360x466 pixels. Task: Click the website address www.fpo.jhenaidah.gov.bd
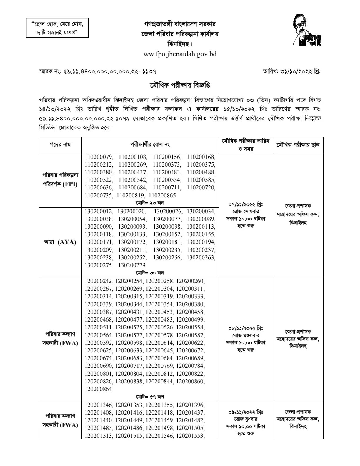[180, 54]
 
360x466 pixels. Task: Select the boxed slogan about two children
[57, 28]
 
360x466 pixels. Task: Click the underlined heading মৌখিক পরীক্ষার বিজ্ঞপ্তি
[180, 86]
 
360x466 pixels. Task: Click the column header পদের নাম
[60, 145]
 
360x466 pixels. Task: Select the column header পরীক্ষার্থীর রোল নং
[150, 145]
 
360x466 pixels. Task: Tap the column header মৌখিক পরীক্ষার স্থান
[298, 145]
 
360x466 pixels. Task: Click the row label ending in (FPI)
[60, 180]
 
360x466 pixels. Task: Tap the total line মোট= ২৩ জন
[150, 203]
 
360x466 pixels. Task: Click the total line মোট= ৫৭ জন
[150, 396]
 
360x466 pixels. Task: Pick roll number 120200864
[98, 389]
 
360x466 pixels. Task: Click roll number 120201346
[99, 405]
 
